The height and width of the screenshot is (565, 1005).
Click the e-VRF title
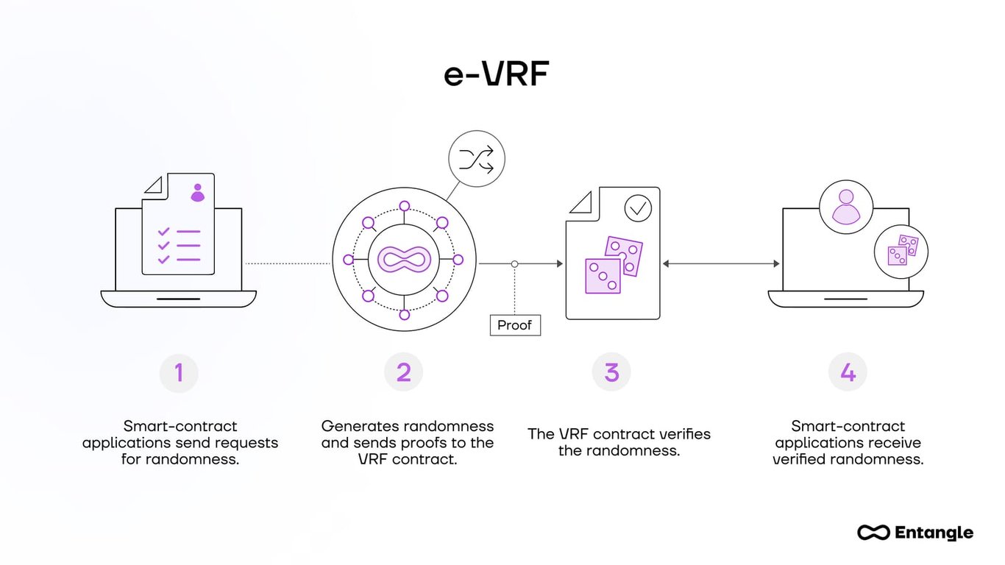click(x=496, y=74)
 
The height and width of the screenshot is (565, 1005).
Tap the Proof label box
click(x=515, y=325)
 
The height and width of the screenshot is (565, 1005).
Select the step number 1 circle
click(x=179, y=373)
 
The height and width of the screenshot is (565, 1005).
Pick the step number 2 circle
click(x=403, y=372)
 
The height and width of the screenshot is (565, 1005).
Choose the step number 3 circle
click(x=611, y=372)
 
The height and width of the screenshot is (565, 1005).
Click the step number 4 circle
click(x=848, y=372)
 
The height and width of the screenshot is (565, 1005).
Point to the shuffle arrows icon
click(x=477, y=159)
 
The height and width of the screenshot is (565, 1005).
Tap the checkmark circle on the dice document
click(x=638, y=208)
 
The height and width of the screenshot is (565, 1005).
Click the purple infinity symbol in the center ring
click(x=404, y=260)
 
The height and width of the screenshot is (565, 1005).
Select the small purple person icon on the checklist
click(x=197, y=193)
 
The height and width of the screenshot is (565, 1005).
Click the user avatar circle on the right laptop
click(x=846, y=207)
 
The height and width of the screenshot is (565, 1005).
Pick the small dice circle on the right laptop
click(x=901, y=252)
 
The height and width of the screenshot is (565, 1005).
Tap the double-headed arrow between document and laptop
click(x=721, y=264)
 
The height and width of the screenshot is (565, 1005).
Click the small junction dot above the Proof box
click(x=514, y=264)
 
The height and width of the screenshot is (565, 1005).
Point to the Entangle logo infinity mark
click(x=873, y=532)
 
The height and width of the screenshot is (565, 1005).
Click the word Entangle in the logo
click(x=934, y=533)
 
